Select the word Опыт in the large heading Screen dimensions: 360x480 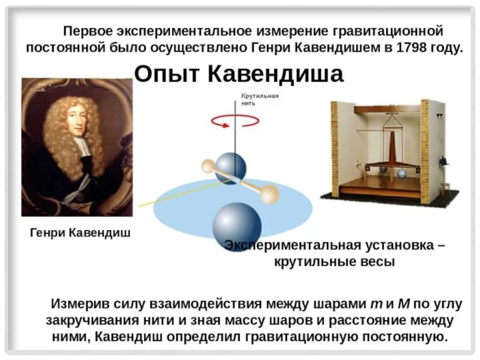(166, 74)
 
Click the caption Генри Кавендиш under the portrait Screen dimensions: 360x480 (80, 232)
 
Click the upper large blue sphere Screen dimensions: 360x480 (231, 167)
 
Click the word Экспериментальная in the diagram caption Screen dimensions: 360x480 (292, 246)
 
